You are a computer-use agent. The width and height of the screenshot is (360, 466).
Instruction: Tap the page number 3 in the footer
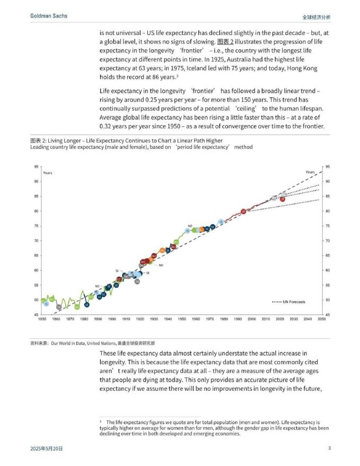(x=329, y=449)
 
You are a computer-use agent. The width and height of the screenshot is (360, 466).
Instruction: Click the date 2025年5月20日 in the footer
(x=47, y=449)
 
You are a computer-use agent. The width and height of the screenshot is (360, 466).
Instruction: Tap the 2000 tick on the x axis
(x=252, y=319)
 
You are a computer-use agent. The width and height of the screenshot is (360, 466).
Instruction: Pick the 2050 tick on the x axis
(x=322, y=319)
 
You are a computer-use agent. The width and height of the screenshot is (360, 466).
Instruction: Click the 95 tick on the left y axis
(x=36, y=166)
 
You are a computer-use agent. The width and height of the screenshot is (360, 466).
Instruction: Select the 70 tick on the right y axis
(x=328, y=241)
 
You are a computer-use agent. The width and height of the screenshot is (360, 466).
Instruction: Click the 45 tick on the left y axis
(x=36, y=315)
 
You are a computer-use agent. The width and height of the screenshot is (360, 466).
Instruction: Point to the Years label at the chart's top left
(x=48, y=173)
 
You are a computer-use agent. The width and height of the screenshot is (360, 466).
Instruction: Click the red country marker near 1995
(x=243, y=212)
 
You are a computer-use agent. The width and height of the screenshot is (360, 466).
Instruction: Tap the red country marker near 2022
(x=283, y=199)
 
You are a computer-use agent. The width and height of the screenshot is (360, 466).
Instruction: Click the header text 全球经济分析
(x=316, y=17)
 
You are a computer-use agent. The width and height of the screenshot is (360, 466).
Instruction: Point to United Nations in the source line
(x=102, y=343)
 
